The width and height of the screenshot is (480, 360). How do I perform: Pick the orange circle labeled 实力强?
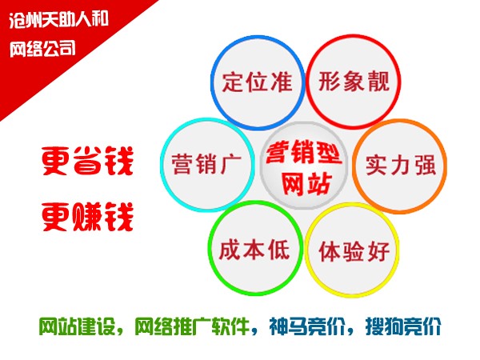coord(400,166)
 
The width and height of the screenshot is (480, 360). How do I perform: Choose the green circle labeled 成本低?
coord(252,250)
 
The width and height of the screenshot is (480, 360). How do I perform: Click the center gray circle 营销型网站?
coord(302,166)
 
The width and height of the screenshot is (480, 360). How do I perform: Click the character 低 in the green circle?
coord(278,250)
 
